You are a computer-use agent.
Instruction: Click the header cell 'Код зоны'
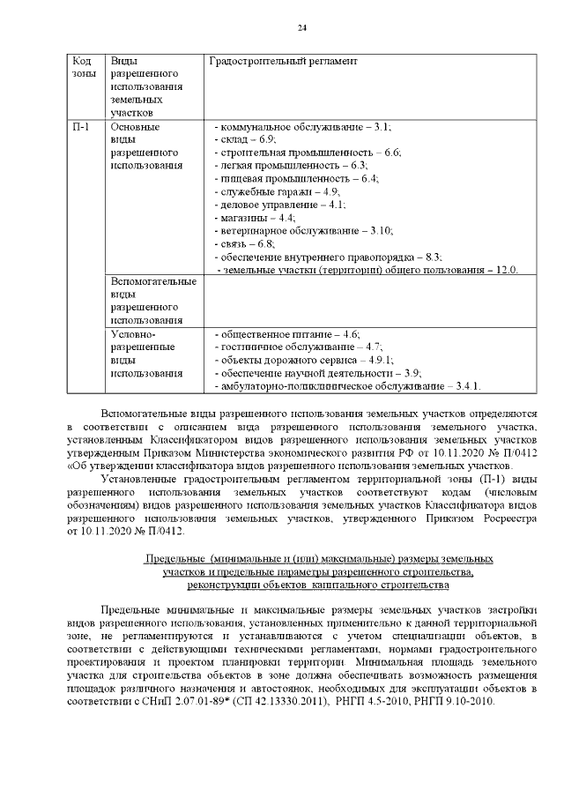click(x=82, y=67)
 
